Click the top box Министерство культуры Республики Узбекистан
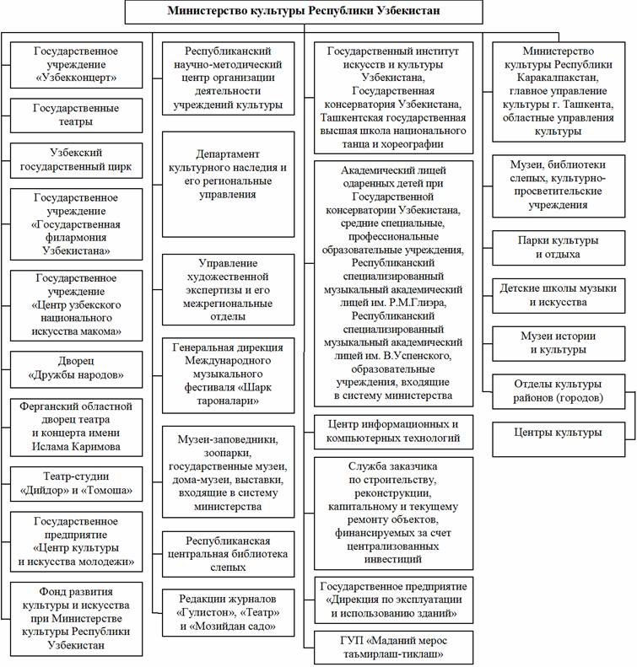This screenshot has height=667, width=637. click(x=305, y=12)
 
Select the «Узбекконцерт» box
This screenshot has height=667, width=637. click(x=76, y=65)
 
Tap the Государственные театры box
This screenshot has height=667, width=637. click(x=76, y=116)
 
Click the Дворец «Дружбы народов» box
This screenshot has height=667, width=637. click(x=76, y=367)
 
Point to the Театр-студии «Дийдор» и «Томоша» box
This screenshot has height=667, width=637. click(x=76, y=484)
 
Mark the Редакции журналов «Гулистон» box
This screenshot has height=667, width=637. click(x=228, y=613)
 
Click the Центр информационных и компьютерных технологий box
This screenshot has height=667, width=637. click(x=393, y=431)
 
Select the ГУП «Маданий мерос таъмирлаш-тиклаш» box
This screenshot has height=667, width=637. click(x=393, y=648)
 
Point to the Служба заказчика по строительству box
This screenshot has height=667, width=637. click(x=393, y=512)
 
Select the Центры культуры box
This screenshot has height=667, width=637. click(x=559, y=433)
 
